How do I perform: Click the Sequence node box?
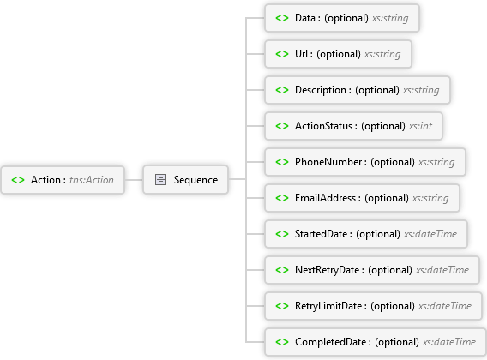coord(185,179)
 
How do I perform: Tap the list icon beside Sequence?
coord(160,179)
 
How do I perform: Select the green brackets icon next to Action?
coord(18,180)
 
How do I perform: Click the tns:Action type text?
coord(91,180)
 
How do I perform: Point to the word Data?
coord(305,18)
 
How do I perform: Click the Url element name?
coord(301,54)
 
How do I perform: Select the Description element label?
coord(321,90)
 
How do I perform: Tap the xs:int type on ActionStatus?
coord(420,126)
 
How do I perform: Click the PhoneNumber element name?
coord(328,162)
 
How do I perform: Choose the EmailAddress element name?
coord(325,198)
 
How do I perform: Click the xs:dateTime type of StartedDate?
coord(430,234)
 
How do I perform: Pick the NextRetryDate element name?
coord(327,270)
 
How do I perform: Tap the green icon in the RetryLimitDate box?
coord(282,306)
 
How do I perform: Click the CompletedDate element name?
coord(330,342)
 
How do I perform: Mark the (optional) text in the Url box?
coord(339,54)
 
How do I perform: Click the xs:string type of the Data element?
coord(390,18)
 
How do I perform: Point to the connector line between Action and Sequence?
coord(134,179)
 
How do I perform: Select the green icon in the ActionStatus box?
coord(282,126)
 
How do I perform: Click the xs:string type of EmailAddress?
coord(430,198)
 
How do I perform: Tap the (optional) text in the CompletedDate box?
coord(397,342)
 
